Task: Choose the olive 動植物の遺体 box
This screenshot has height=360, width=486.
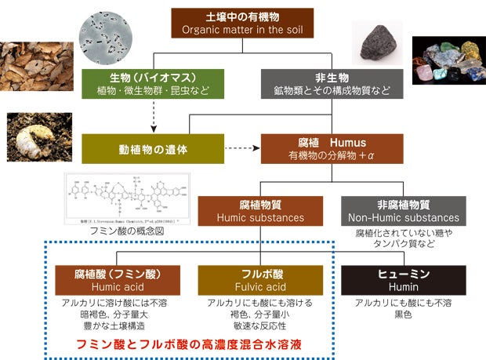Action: pyautogui.click(x=148, y=147)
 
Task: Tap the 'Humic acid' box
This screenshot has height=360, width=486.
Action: pyautogui.click(x=118, y=280)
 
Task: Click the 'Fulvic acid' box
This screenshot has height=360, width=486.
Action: pyautogui.click(x=260, y=280)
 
